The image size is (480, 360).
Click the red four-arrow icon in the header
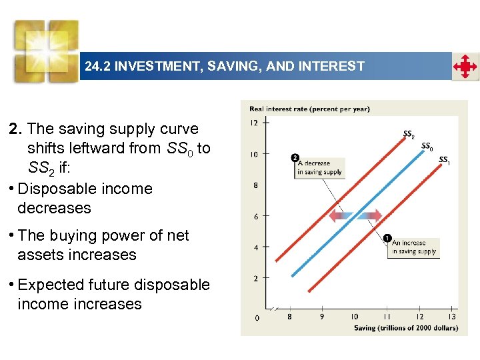click(465, 67)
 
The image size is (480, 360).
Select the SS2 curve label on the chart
click(409, 134)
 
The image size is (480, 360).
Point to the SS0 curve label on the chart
click(427, 147)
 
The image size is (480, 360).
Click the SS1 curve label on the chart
click(444, 159)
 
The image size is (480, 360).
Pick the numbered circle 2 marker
click(295, 158)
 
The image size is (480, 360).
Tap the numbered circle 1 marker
click(387, 237)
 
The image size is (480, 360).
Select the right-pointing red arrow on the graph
click(371, 215)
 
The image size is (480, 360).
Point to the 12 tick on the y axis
click(254, 123)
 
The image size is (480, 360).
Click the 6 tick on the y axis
click(255, 216)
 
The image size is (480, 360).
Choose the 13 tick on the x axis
click(451, 317)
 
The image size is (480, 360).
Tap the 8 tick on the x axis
click(289, 317)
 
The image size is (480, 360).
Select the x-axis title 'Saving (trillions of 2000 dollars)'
click(405, 327)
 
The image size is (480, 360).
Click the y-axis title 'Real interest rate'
click(309, 109)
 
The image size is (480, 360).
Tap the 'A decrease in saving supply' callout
click(319, 167)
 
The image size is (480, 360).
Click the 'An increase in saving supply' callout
click(413, 247)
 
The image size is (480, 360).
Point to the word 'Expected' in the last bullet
click(49, 285)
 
